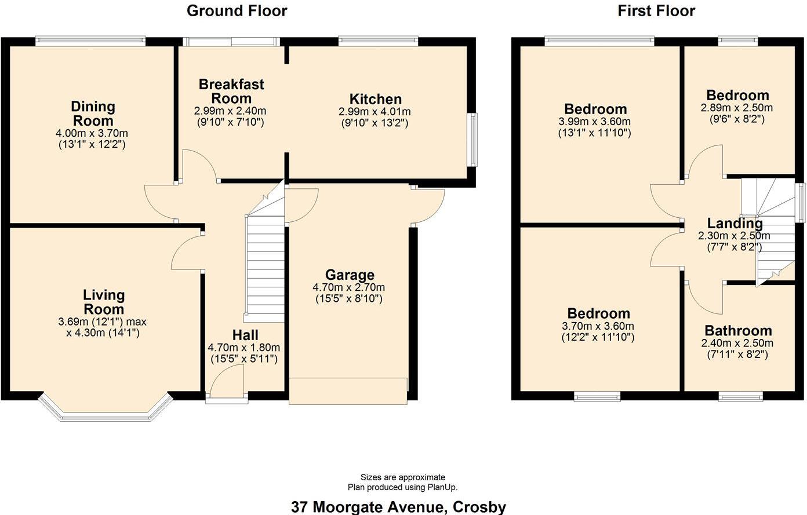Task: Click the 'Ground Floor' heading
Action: tap(237, 10)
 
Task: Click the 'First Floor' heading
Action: tap(656, 10)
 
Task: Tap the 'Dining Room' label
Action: tap(93, 114)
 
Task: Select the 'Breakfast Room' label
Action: tap(231, 91)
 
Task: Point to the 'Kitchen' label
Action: tap(375, 99)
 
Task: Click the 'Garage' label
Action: tap(349, 275)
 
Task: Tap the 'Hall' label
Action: tap(245, 335)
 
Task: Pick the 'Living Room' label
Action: tap(104, 302)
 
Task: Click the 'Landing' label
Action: tap(735, 223)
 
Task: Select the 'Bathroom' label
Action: tap(738, 331)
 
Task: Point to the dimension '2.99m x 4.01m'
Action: tap(375, 112)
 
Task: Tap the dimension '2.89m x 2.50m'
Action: tap(736, 108)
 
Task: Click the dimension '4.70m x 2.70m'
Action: tap(348, 287)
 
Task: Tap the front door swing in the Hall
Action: tap(228, 383)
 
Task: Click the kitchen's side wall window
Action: tap(473, 140)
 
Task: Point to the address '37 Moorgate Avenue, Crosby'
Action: tap(398, 507)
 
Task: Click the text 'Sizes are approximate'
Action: tap(403, 477)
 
